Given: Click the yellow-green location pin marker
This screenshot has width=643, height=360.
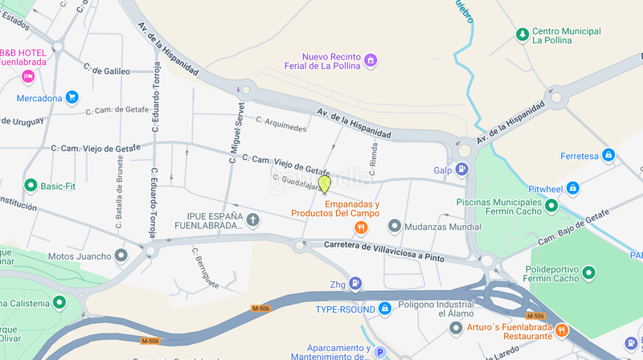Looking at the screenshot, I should coord(325,184).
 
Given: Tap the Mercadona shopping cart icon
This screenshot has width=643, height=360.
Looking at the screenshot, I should coord(72,98).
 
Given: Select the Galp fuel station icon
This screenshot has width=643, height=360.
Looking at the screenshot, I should coord(462,170).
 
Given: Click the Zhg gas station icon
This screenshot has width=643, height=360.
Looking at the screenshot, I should coord(357,284).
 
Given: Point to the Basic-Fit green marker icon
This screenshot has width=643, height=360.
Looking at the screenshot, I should coord(31,186).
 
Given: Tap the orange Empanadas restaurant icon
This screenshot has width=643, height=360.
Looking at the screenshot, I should coord(362,227).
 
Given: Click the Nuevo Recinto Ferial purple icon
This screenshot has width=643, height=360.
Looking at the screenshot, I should coord(371,59).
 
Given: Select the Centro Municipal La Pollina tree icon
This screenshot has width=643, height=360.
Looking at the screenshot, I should coord(522,35).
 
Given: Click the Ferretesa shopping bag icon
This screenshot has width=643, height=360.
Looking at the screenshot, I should coord(608,155).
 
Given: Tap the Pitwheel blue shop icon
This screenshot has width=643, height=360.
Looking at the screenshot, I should coord(572,188).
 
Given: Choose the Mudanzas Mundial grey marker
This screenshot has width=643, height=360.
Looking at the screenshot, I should coord(394,227).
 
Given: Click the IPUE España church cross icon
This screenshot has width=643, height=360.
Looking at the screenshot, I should coord(252,219).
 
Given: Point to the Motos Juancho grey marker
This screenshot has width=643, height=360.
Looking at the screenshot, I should coord(121,256).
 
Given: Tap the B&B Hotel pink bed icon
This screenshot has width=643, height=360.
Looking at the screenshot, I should coord(28,76).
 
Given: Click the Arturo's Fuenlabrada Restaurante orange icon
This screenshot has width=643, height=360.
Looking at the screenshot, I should coord(562,329).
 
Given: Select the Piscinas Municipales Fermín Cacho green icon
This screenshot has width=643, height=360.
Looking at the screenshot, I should coord(551,207).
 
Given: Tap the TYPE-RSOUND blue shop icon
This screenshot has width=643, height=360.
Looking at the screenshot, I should coord(385,308).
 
